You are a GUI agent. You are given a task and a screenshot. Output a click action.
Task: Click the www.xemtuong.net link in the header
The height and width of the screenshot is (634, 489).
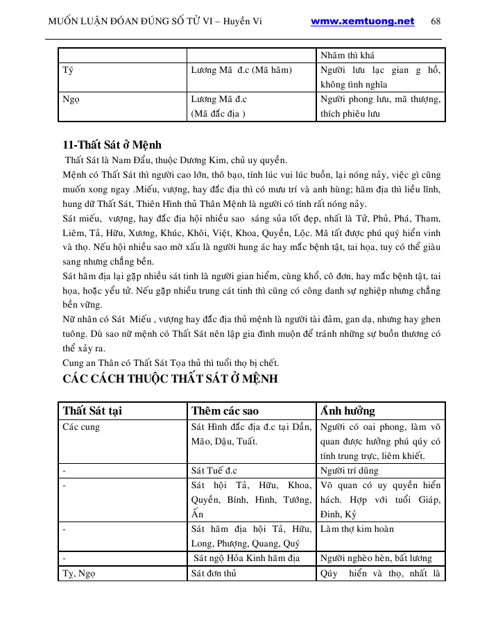click(362, 22)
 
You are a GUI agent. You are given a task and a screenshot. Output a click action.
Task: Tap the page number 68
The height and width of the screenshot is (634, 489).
click(436, 22)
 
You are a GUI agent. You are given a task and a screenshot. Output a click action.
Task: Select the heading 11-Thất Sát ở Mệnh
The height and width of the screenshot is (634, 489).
click(112, 145)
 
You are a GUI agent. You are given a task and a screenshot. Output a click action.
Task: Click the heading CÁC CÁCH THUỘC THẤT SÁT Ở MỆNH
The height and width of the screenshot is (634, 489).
click(170, 379)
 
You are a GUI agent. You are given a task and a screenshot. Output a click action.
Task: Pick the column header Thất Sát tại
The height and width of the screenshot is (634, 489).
click(92, 410)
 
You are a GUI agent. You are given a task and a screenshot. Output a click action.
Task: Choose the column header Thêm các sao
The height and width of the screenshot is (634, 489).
click(225, 410)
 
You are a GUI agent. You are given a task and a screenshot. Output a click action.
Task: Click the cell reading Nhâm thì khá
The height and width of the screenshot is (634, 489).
click(348, 55)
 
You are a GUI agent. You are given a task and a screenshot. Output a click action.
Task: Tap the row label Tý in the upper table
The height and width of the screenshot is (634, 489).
click(67, 69)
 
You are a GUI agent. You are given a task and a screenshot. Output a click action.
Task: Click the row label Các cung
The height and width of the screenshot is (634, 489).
click(81, 426)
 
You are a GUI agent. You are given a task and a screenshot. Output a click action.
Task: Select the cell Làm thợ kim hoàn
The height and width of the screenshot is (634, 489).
click(357, 529)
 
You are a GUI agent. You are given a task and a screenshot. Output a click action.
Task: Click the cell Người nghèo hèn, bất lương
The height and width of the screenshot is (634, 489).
click(376, 558)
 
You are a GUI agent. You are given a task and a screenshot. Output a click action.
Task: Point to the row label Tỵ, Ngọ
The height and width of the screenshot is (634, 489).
click(78, 574)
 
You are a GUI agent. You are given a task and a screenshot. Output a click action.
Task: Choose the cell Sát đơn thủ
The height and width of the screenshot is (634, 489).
click(216, 574)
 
